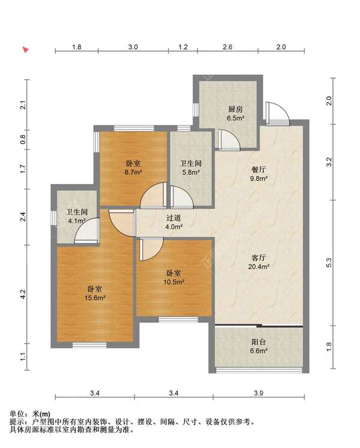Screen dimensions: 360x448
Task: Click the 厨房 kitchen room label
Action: (235, 109)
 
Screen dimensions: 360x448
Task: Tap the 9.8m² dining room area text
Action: (259, 178)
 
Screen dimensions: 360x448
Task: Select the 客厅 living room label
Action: (259, 258)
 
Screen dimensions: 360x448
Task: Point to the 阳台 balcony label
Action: (259, 342)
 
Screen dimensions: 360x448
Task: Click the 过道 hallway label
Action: (174, 218)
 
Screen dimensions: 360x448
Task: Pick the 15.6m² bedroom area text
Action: (95, 298)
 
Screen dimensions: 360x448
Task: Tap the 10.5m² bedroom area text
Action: (174, 282)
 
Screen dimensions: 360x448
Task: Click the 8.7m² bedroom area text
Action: (134, 172)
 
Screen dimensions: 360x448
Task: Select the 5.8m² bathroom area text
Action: (191, 172)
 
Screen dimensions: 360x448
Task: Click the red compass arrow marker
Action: (26, 50)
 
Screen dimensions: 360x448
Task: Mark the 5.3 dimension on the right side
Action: (329, 262)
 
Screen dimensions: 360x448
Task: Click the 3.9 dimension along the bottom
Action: (259, 393)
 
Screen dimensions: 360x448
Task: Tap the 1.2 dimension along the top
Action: (183, 47)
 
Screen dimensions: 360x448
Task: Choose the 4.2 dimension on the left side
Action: (23, 294)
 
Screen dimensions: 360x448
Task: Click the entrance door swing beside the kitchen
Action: (277, 114)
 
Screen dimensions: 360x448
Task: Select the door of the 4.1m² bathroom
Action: (87, 231)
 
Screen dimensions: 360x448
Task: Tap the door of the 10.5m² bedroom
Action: (151, 249)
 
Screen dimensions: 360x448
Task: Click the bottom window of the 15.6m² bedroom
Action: (89, 345)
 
